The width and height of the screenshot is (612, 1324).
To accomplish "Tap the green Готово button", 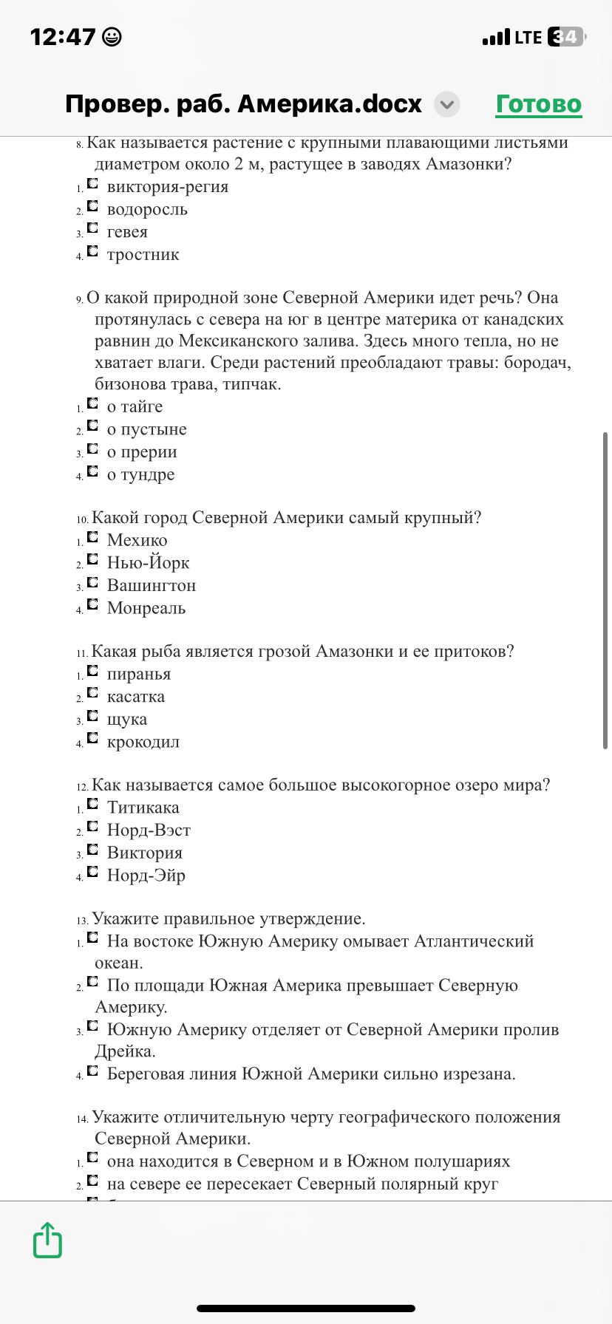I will (539, 104).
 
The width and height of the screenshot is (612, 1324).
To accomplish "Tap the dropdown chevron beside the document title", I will (446, 105).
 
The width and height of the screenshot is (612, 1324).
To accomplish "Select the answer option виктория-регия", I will (167, 187).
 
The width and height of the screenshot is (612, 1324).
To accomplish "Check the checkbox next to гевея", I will (92, 229).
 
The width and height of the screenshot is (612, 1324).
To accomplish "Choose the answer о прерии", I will (141, 452).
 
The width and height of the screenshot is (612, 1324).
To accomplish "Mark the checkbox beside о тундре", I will (92, 471).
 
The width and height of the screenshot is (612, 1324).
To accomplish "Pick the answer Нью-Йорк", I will (148, 563).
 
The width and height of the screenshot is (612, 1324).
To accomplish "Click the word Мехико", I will (137, 540).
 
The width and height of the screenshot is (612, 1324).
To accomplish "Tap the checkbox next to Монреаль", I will (92, 605).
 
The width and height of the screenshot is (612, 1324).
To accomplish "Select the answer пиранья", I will (138, 674).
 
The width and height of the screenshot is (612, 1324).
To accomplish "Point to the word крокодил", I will (143, 742).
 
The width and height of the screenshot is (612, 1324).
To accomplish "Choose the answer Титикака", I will (143, 808).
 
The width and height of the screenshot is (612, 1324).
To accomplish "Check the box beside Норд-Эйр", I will (92, 873).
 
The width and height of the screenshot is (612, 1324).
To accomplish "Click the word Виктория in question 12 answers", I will (144, 853).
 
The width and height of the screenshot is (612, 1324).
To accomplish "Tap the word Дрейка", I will (124, 1051).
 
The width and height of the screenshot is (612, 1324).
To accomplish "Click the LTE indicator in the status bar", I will (528, 37).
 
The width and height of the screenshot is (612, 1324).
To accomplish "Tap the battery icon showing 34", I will (566, 37).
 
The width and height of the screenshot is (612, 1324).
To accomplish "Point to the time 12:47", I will (63, 37).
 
